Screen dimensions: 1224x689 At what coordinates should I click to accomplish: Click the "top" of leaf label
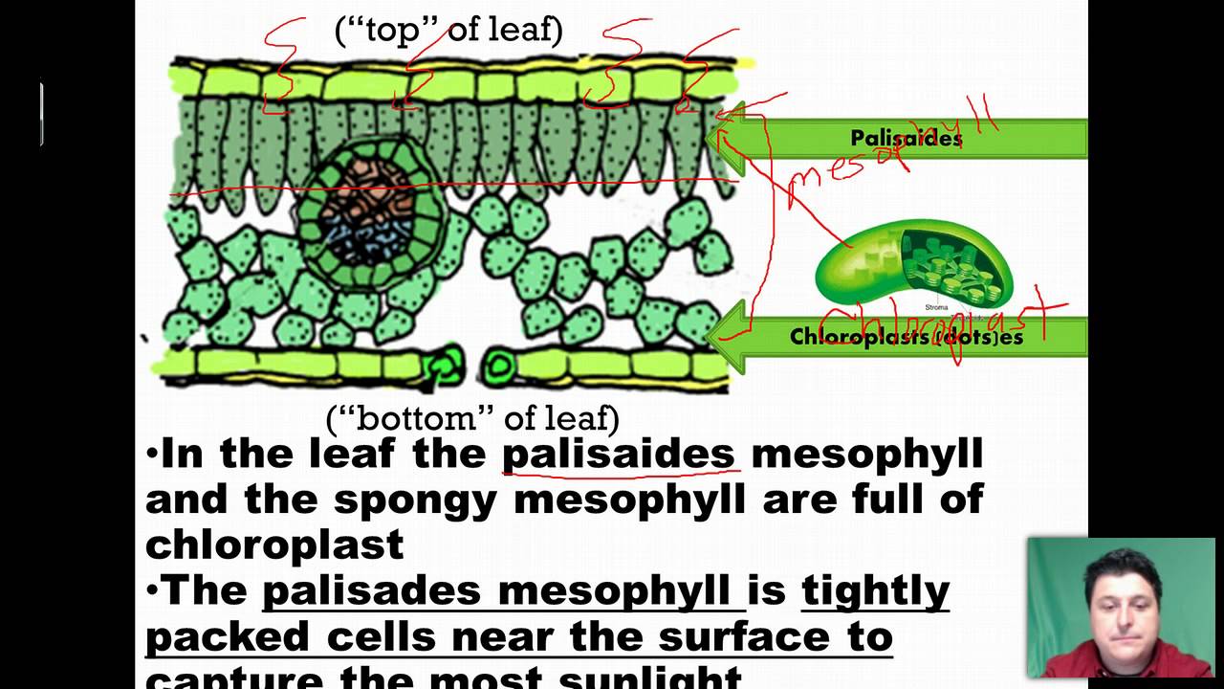click(448, 31)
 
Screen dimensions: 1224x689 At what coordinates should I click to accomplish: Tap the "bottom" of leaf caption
click(472, 418)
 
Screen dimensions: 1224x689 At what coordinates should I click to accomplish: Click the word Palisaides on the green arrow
click(906, 139)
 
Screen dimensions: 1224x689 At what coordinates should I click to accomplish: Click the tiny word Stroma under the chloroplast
click(936, 307)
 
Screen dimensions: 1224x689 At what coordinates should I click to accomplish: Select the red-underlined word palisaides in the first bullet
click(618, 454)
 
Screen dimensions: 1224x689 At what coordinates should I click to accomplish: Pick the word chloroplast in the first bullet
click(274, 545)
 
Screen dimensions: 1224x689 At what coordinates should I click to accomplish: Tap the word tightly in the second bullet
click(875, 590)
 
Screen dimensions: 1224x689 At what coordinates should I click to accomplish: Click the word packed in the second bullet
click(228, 636)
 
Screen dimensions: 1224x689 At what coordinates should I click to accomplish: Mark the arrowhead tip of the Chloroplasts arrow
click(708, 335)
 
